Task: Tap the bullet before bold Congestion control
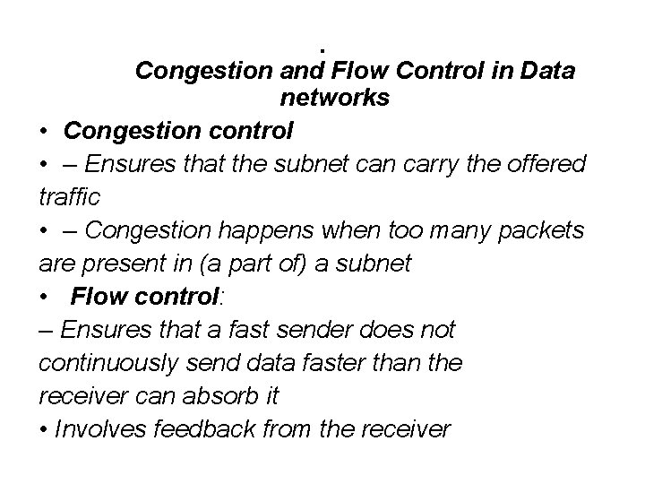(x=44, y=132)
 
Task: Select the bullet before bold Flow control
(x=44, y=297)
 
